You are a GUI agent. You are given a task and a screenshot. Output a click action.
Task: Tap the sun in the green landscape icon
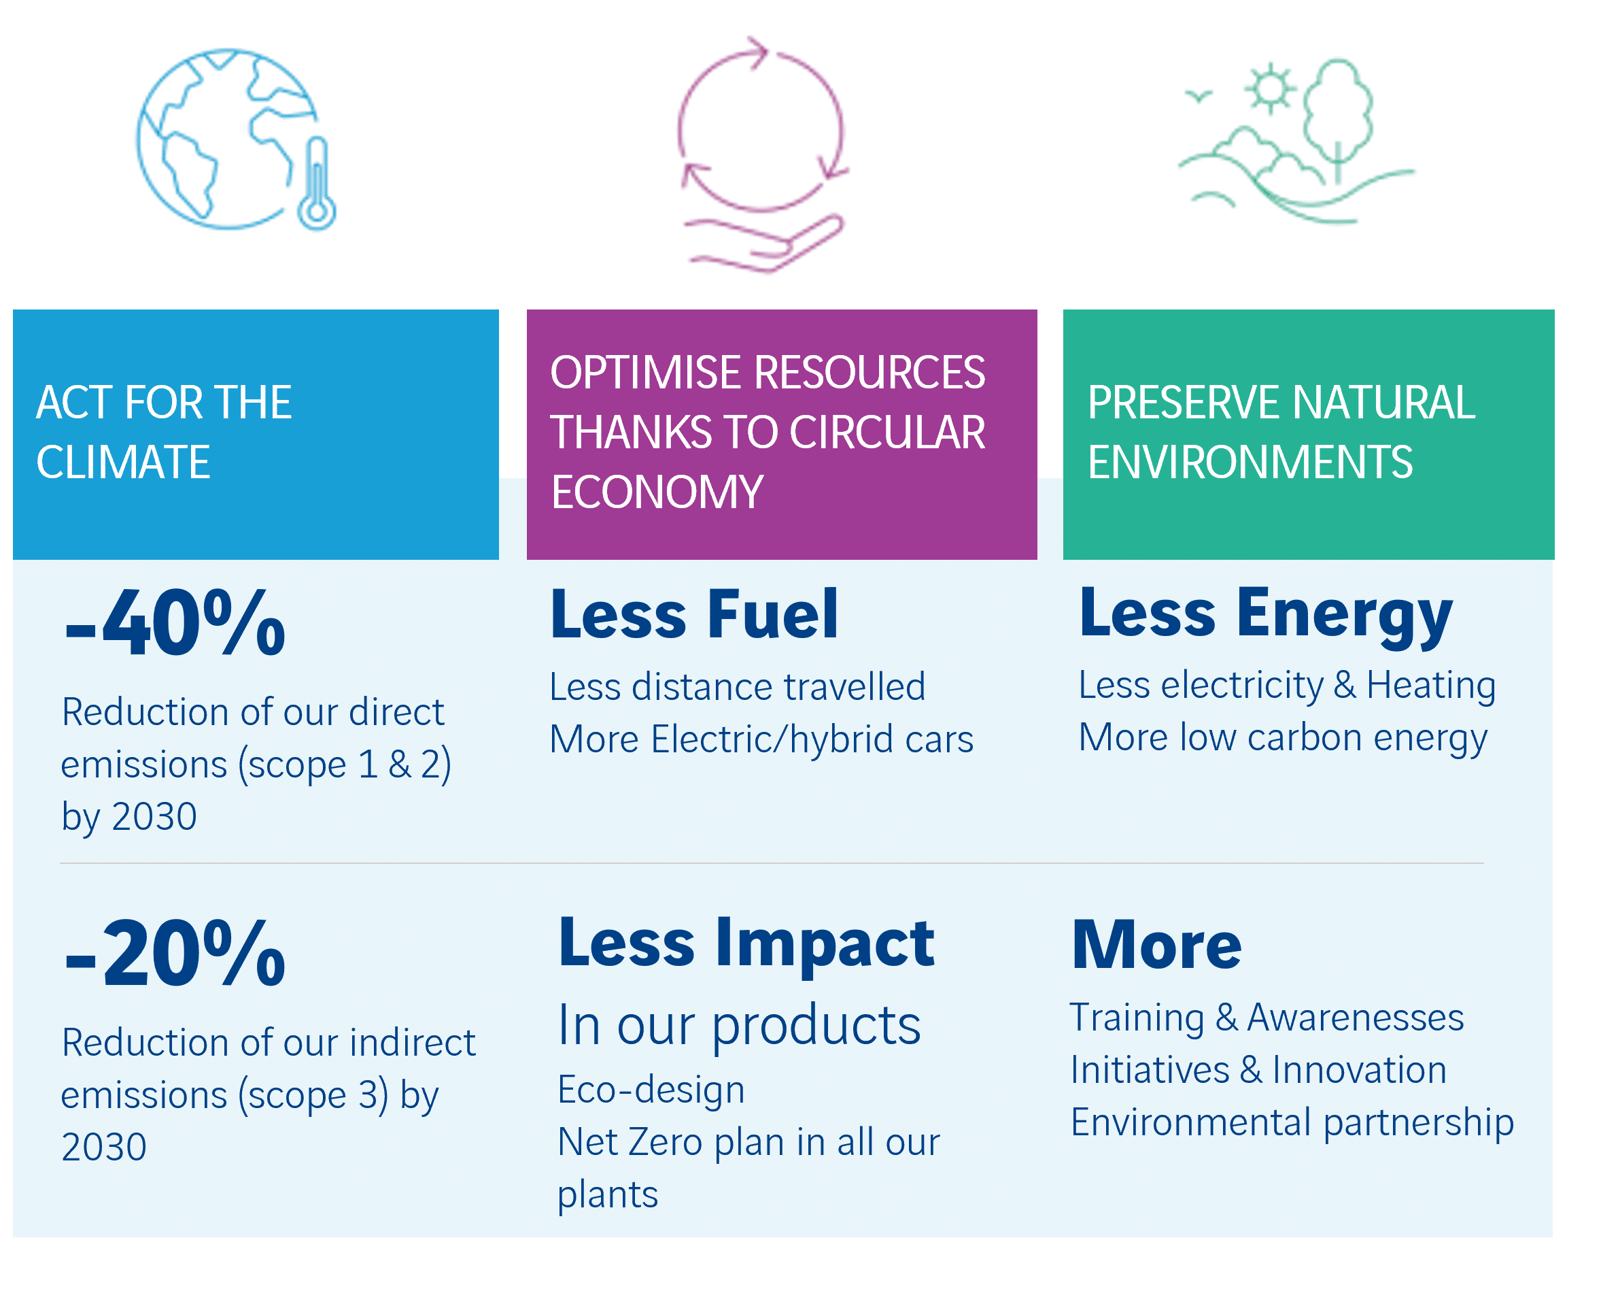[x=1270, y=88]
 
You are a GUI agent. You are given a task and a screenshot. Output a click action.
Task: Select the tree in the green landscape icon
[x=1338, y=120]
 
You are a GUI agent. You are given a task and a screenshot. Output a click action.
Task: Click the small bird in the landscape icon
[x=1199, y=96]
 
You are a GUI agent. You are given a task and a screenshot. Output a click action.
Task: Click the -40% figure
[x=175, y=623]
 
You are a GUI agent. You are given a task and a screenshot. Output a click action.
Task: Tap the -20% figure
[x=175, y=954]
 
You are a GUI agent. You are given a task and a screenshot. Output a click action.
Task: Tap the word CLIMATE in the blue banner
[x=123, y=462]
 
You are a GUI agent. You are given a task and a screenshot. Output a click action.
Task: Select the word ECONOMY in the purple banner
[x=657, y=492]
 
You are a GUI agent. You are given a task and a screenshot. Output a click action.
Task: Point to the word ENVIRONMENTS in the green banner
[x=1250, y=462]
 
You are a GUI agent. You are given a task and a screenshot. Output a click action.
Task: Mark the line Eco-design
[x=651, y=1089]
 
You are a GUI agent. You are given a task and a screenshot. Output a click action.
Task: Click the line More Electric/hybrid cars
[x=761, y=739]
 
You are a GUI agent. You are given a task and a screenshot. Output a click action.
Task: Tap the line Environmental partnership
[x=1292, y=1123]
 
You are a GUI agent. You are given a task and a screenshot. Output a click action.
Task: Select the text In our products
[x=740, y=1026]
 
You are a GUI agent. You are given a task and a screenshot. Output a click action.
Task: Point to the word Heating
[x=1431, y=686]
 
